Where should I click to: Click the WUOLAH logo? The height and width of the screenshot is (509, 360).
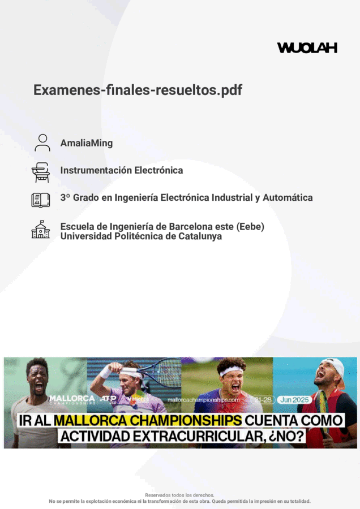pos(307,48)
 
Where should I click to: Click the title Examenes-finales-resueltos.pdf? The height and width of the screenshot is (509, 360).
pos(138,90)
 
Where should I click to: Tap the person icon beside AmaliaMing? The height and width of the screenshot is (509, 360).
pos(42,143)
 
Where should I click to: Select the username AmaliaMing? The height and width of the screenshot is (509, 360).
pos(87,143)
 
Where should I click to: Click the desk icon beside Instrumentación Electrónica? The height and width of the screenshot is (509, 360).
pos(41,172)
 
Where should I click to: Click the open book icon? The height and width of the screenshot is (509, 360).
pos(41,200)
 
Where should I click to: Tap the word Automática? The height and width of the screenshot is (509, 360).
pos(288,197)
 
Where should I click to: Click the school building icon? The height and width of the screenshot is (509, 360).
pos(41,229)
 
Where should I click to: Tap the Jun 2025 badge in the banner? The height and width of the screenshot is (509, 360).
pos(294,400)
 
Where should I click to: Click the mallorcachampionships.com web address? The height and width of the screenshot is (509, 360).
pos(203,400)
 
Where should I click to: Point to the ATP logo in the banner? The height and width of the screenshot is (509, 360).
pos(108,399)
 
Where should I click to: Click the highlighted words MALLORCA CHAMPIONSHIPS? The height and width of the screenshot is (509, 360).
pos(148,420)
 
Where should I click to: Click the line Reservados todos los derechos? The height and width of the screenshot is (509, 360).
pos(179,495)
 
